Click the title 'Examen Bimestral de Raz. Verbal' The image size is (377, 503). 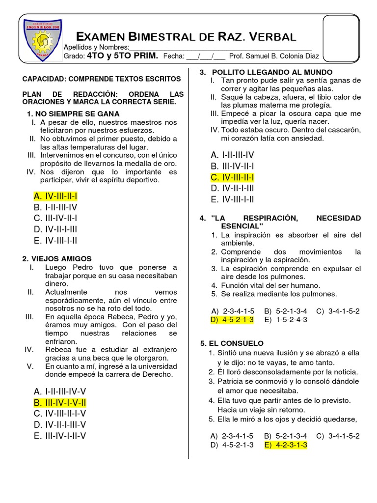(x=187, y=37)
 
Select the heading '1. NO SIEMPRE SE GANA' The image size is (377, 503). (x=74, y=114)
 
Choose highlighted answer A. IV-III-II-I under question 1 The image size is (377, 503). (x=55, y=196)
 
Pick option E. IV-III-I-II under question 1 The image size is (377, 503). (x=55, y=240)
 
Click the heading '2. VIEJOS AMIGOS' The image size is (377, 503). (x=57, y=258)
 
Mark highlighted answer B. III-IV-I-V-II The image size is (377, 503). (x=60, y=403)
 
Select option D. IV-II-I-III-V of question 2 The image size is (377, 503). (x=60, y=424)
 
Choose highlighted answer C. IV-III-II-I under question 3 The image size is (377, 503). (x=232, y=177)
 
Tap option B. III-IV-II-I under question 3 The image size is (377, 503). (x=232, y=166)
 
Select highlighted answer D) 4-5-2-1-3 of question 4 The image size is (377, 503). (x=232, y=320)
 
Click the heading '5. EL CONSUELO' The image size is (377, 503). (x=232, y=343)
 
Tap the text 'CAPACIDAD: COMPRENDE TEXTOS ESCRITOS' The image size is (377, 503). (x=102, y=79)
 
